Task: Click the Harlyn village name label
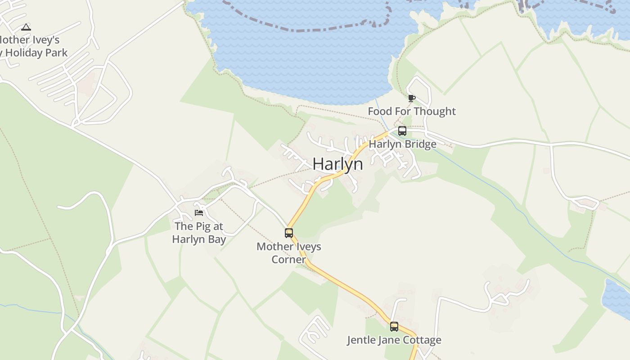tap(337, 164)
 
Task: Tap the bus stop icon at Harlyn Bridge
tap(402, 131)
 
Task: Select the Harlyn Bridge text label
tap(402, 144)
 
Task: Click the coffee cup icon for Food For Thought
tap(411, 98)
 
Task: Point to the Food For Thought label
tap(412, 111)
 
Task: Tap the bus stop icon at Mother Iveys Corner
tap(289, 233)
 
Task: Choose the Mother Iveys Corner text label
tap(289, 253)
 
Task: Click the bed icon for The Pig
tap(199, 213)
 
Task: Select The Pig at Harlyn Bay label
tap(199, 233)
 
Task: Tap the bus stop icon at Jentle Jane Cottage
tap(394, 327)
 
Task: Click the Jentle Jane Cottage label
tap(394, 340)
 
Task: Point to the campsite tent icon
tap(26, 27)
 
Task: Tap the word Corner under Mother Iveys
tap(289, 260)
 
